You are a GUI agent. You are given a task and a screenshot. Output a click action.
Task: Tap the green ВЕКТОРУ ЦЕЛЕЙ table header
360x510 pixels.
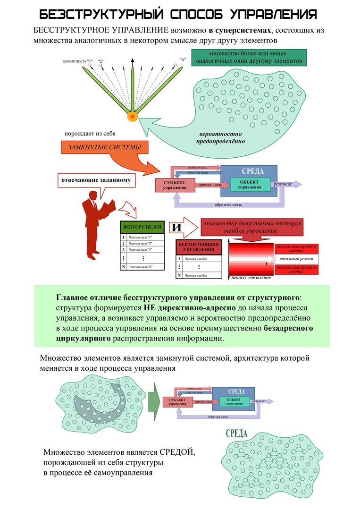tap(142, 226)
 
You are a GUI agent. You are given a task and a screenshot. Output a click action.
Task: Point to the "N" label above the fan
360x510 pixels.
tap(183, 60)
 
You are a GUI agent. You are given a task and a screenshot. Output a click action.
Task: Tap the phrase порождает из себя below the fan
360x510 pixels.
tap(91, 134)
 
